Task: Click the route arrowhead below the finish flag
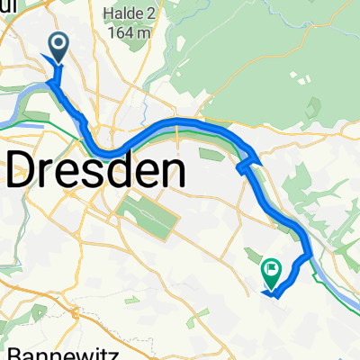click(x=269, y=290)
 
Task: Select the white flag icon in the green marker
click(x=272, y=268)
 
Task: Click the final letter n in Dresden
click(x=172, y=171)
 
